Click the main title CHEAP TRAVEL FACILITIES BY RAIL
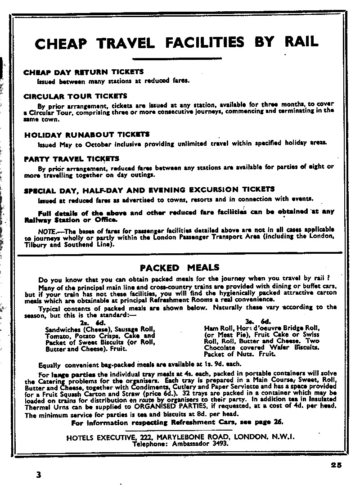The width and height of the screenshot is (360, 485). click(177, 43)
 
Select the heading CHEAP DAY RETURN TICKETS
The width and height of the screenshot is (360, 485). click(83, 72)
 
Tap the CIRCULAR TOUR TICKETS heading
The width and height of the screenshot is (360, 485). click(76, 96)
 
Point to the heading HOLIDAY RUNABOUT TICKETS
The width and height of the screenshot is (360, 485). click(87, 134)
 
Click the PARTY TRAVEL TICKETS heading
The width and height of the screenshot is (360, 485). click(72, 158)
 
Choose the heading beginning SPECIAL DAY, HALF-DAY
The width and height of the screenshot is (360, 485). click(149, 189)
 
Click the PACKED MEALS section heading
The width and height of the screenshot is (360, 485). click(180, 268)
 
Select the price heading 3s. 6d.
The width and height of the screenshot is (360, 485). click(257, 321)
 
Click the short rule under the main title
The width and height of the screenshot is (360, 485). click(177, 58)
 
